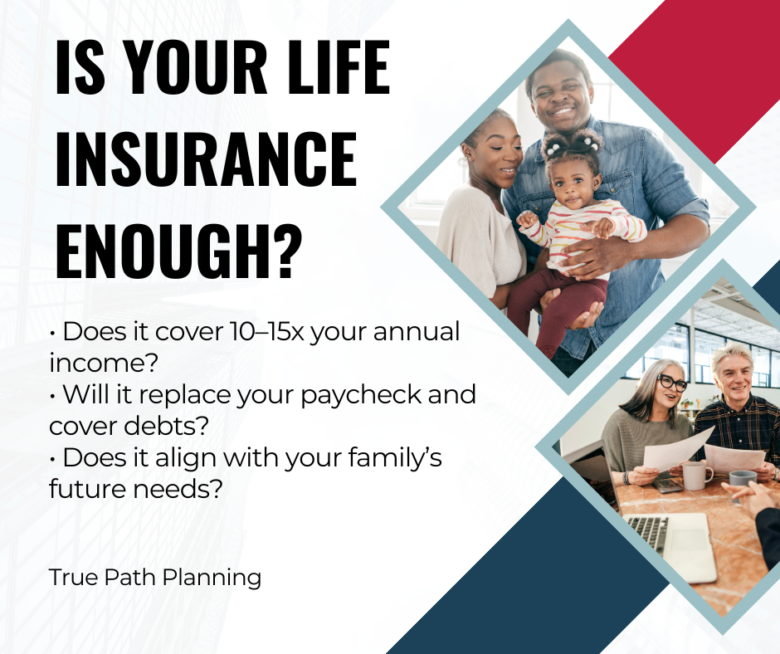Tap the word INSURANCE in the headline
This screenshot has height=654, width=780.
206,159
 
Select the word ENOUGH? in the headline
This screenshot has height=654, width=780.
178,251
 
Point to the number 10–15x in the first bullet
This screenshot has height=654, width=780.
266,331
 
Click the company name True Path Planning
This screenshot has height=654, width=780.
155,578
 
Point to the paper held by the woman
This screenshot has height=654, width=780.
678,449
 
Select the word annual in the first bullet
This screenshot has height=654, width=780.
417,331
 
